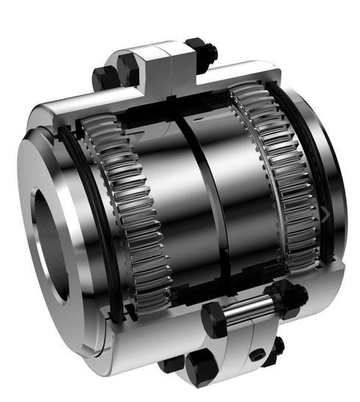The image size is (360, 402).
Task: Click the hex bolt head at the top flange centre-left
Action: pos(129,69)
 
